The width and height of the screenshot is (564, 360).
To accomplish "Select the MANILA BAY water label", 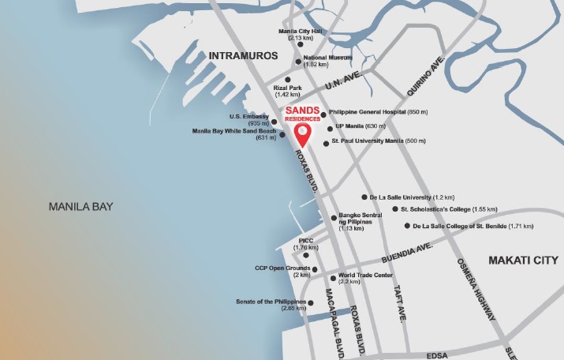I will coord(80,207).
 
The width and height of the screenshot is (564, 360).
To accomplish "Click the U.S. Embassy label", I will coord(245,117).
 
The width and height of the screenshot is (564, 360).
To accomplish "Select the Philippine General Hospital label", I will coord(377,113).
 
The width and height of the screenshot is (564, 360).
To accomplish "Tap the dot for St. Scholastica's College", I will coord(395,209).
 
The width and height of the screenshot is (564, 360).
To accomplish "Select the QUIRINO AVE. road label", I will coord(426,77).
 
